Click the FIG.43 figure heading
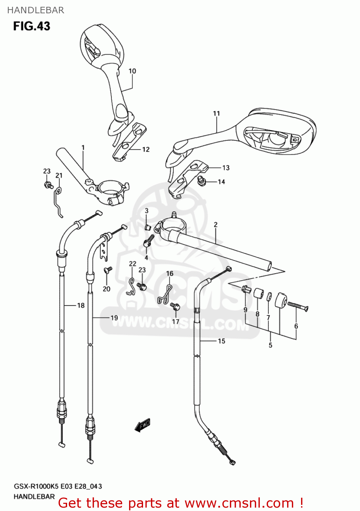[x=32, y=26]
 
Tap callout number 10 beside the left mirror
[x=132, y=71]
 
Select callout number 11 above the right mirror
[x=216, y=113]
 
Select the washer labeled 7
[x=269, y=296]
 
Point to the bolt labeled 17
[x=175, y=307]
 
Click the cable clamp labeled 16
[x=165, y=295]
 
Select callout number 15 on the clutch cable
[x=221, y=341]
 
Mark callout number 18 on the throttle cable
[x=81, y=305]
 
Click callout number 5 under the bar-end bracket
[x=270, y=345]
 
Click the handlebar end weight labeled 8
[x=259, y=293]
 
